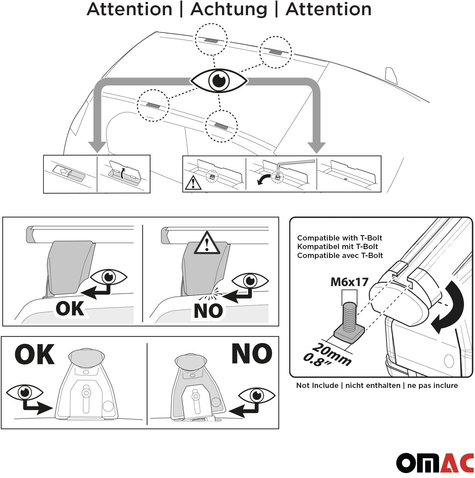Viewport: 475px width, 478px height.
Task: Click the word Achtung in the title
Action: [229, 9]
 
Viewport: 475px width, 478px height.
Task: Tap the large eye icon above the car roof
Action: [219, 80]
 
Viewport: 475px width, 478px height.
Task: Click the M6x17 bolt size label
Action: [349, 282]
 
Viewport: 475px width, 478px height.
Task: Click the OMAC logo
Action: [435, 463]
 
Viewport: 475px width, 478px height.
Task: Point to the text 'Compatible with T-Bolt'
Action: [340, 238]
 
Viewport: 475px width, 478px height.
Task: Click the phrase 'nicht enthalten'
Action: [373, 385]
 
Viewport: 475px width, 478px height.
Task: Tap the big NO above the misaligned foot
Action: [252, 354]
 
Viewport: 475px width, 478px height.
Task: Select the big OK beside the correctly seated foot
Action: [34, 355]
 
